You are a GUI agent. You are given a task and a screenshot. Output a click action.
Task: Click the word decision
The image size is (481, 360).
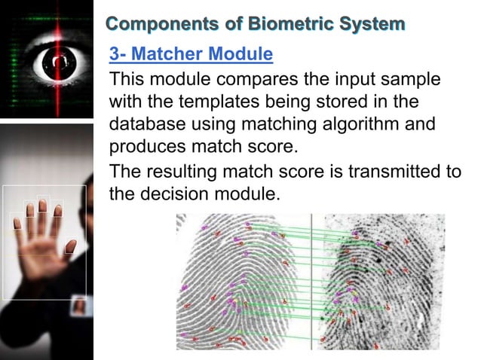point(181,194)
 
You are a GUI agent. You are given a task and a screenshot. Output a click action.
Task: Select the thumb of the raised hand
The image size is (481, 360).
point(70,246)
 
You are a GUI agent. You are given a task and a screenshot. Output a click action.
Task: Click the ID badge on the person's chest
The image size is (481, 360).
point(78,307)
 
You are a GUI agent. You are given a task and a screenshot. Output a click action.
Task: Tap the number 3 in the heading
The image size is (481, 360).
point(114,55)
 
